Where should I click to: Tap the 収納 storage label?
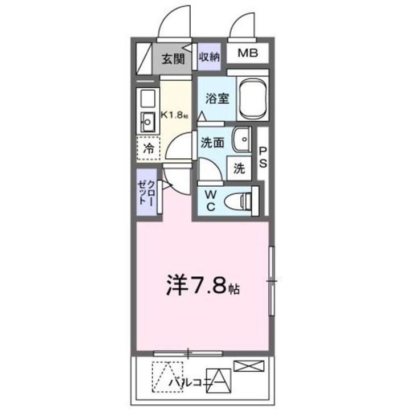click(208, 57)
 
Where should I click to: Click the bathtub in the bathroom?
click(253, 98)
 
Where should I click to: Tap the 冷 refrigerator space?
click(148, 150)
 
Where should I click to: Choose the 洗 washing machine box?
click(239, 169)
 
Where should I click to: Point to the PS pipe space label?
click(263, 156)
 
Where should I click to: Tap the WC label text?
click(210, 200)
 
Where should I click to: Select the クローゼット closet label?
click(145, 194)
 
